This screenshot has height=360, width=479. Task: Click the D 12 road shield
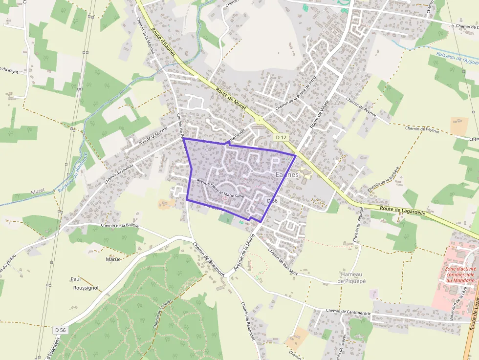point(280,138)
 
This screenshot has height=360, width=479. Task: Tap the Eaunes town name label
point(287,174)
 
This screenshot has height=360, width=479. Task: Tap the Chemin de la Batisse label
point(120,226)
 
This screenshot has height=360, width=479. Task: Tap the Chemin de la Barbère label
point(384,179)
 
